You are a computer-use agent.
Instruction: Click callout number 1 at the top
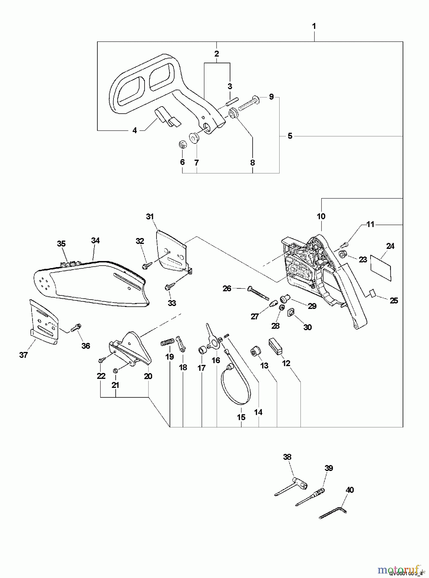(x=314, y=26)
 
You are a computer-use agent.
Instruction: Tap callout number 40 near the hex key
(x=350, y=490)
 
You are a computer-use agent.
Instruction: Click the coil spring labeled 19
(x=167, y=343)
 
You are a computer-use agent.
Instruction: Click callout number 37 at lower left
(x=23, y=355)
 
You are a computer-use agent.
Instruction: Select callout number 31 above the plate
(x=150, y=217)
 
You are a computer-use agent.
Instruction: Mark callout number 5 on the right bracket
(x=290, y=136)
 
